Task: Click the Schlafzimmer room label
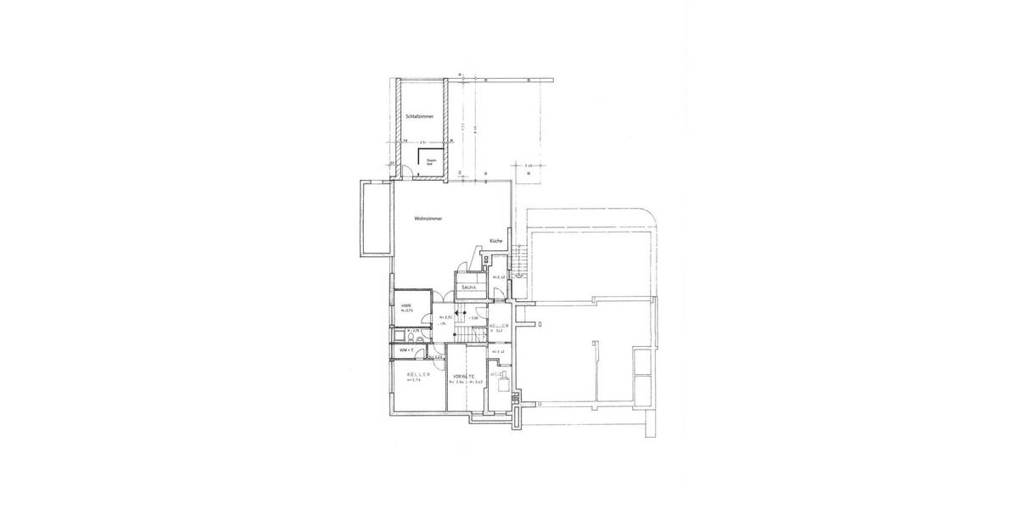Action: pyautogui.click(x=421, y=115)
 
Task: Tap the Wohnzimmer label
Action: pyautogui.click(x=428, y=218)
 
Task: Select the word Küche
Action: pyautogui.click(x=496, y=241)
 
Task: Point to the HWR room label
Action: pyautogui.click(x=406, y=306)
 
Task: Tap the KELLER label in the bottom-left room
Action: pyautogui.click(x=418, y=374)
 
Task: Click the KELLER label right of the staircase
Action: pyautogui.click(x=499, y=326)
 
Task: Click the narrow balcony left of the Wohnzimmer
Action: pyautogui.click(x=374, y=219)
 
